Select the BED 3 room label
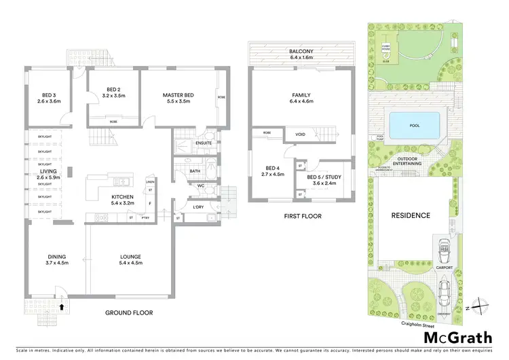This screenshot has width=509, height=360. [x=50, y=97]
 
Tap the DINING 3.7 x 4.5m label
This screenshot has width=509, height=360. [x=57, y=259]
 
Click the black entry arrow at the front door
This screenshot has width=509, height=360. [x=62, y=306]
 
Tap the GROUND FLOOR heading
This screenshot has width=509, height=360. [x=129, y=313]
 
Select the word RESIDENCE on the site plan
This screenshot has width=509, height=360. [x=411, y=215]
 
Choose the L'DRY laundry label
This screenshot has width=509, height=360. [x=199, y=206]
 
